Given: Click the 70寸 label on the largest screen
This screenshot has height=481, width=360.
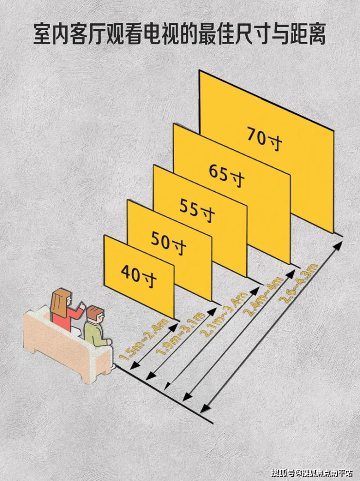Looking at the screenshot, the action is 264,139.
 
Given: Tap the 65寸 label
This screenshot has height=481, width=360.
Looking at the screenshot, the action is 227,176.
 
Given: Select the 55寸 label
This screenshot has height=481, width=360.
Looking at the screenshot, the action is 197,210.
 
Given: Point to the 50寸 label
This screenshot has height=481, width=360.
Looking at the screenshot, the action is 168,243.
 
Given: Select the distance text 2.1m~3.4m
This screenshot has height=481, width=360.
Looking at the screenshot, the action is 223,314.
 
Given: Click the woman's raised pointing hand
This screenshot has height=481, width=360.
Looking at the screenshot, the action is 82,305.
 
